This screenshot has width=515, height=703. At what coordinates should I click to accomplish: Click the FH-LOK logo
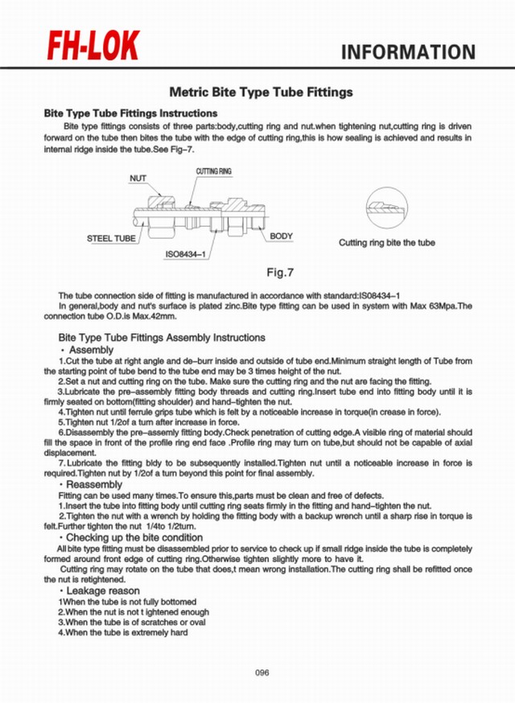coord(93,48)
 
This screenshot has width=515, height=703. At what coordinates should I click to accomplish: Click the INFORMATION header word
coord(409,53)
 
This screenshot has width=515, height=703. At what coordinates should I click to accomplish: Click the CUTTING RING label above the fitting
coord(213,172)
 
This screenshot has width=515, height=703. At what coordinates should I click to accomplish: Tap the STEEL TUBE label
coord(111,239)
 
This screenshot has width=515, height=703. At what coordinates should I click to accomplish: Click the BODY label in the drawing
coord(281,236)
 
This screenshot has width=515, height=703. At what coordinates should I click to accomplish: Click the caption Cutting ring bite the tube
coord(386,242)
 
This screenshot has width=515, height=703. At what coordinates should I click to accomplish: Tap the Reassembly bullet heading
coord(93,486)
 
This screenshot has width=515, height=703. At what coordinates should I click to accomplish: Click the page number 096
coord(262,672)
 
